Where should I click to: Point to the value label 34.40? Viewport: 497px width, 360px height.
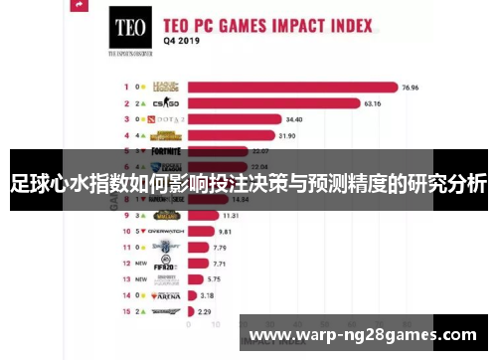click(x=295, y=118)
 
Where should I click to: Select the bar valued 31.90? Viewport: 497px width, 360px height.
click(x=234, y=134)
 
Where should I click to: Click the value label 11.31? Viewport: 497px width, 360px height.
click(x=230, y=215)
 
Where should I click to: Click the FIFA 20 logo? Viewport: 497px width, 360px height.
click(x=165, y=264)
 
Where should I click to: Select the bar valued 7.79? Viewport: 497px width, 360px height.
click(x=201, y=247)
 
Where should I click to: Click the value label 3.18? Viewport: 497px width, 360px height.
click(x=207, y=295)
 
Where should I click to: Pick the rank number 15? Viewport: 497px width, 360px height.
click(x=126, y=311)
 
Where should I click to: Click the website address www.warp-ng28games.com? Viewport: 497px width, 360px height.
click(x=364, y=334)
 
